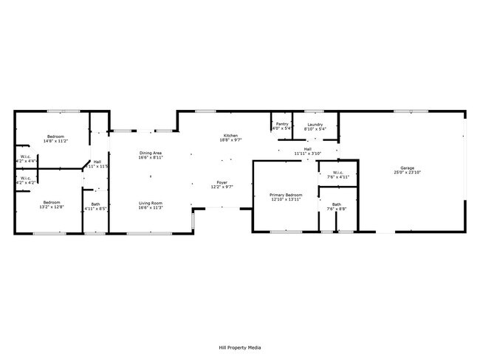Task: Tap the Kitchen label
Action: pos(230,135)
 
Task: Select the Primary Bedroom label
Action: pos(287,194)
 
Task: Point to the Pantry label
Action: pos(282,124)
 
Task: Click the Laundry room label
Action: pos(315,124)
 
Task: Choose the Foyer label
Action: pos(222,182)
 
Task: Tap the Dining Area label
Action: pos(151,153)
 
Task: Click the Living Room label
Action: pos(151,203)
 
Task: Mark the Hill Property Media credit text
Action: pos(239,347)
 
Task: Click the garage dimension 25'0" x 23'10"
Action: pos(408,173)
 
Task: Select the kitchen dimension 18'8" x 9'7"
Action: pos(230,139)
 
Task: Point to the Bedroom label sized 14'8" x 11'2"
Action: pos(56,136)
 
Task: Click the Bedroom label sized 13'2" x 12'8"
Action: pos(51,202)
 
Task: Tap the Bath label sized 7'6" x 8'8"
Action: pos(337,204)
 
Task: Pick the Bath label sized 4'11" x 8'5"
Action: pos(96,204)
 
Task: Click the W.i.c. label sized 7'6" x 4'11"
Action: pos(337,173)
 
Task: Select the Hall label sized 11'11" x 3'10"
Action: pos(307,149)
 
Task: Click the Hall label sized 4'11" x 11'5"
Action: pos(97,162)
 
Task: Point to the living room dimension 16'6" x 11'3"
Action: pos(151,207)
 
